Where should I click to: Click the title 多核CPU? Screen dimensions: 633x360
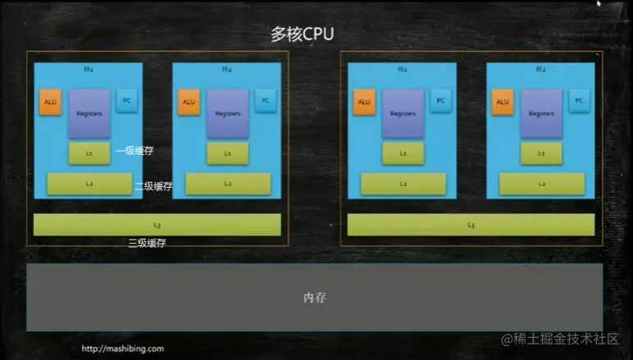point(303,34)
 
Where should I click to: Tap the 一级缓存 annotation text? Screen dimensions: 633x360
point(134,151)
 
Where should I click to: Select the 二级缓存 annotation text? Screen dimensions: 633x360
point(153,186)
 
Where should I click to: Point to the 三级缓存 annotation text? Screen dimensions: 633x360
point(148,243)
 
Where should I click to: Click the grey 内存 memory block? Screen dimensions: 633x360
point(314,297)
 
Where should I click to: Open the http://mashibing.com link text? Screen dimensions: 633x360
point(122,349)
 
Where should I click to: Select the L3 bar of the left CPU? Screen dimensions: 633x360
point(157,225)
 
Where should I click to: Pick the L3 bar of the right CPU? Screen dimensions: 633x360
point(471,225)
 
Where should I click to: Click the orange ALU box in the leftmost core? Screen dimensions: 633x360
point(51,102)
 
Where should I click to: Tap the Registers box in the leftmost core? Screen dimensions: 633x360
point(89,113)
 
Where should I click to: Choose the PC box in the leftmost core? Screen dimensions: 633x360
point(126,100)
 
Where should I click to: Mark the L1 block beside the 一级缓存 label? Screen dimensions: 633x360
point(89,153)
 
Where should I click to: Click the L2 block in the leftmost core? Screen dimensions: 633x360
point(89,184)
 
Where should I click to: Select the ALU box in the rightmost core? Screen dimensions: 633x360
point(503,102)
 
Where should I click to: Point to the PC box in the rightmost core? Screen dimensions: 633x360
point(579,100)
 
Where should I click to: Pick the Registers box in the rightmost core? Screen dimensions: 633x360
point(541,113)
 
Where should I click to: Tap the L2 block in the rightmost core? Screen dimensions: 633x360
point(541,184)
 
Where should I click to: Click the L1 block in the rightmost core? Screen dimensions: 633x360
point(541,153)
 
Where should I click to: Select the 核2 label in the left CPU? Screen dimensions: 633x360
point(227,70)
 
